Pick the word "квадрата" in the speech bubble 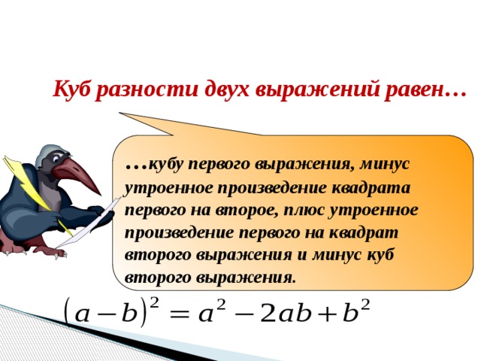(371, 188)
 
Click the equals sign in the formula (179, 314)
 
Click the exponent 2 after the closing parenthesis (155, 304)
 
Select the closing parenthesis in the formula (144, 313)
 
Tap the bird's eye (56, 159)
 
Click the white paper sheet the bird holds (89, 223)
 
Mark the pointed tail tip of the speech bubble (119, 113)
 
